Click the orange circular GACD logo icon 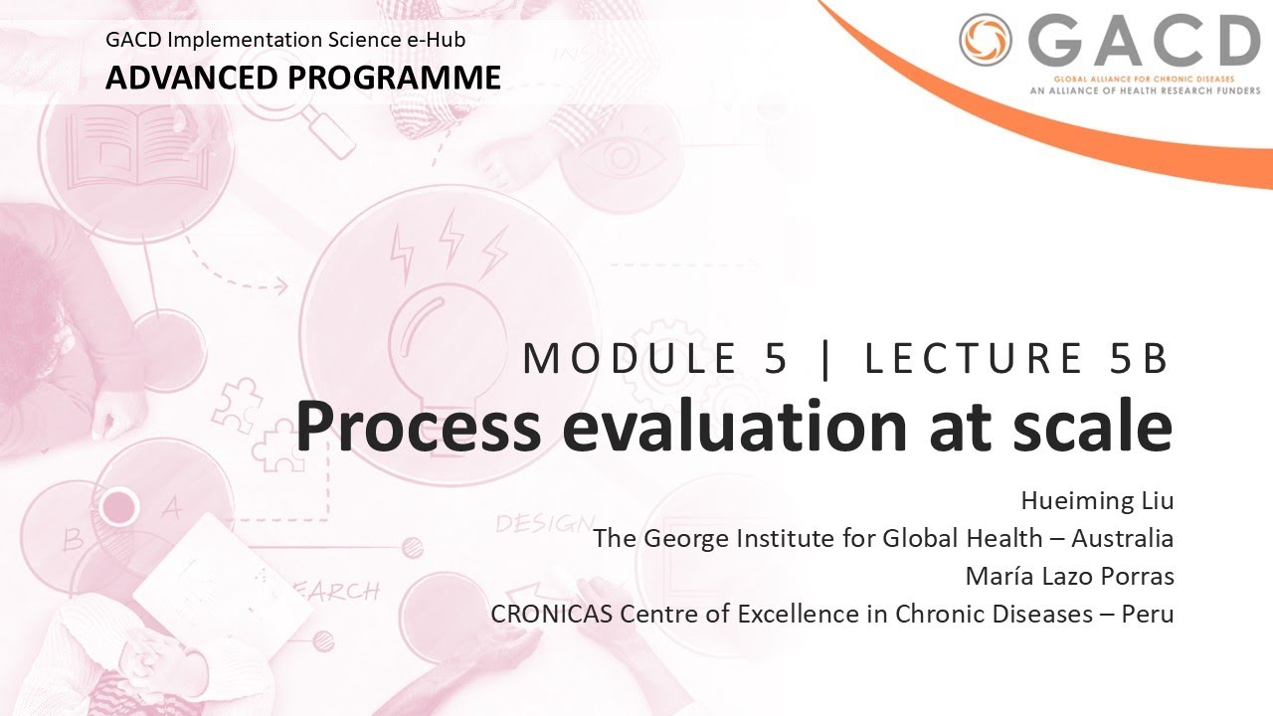pos(986,41)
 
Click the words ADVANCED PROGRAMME pos(303,77)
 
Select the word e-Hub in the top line pos(439,41)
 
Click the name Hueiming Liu pos(1097,500)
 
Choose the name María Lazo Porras pos(1069,576)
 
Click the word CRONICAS pos(552,614)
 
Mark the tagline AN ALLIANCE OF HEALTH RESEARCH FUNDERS pos(1144,89)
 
